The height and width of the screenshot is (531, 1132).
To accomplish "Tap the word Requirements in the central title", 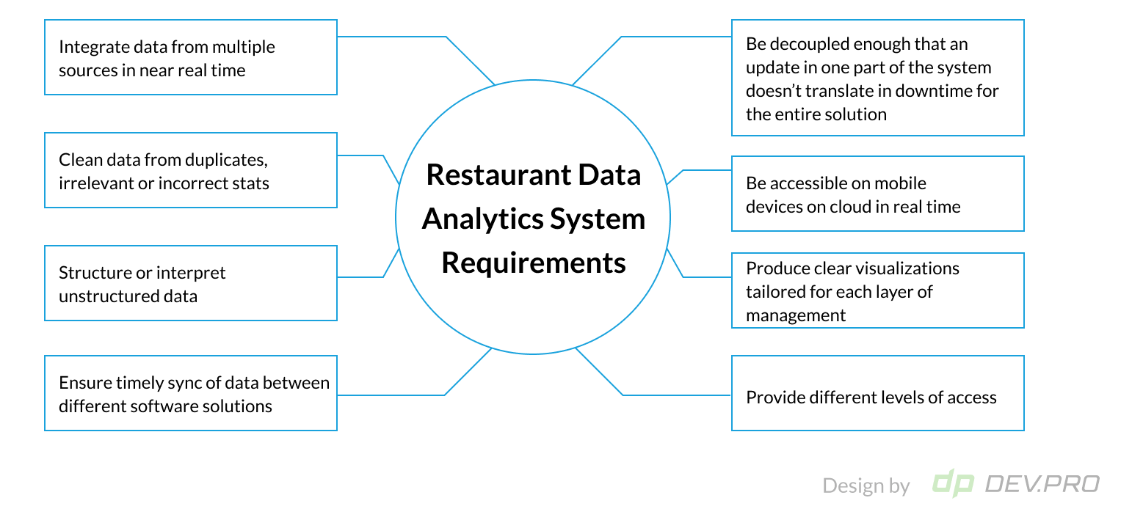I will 534,263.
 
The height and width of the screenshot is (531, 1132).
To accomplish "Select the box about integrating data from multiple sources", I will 191,57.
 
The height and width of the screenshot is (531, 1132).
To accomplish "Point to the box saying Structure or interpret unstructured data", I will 191,283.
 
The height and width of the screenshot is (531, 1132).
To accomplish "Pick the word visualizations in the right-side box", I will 902,268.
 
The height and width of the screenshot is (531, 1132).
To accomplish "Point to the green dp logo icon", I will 953,483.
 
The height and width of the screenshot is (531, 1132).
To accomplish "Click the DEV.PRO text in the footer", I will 1042,484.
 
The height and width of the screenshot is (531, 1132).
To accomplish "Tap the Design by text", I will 866,486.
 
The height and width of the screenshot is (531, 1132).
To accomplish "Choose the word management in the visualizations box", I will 796,315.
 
